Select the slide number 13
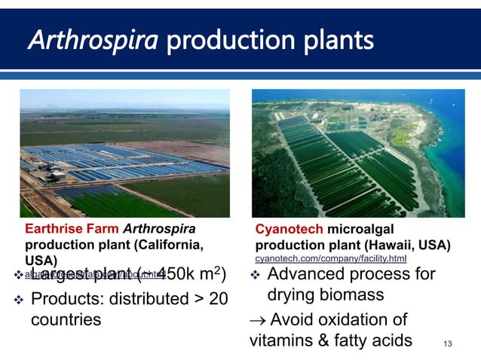(x=449, y=344)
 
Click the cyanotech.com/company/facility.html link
(x=331, y=259)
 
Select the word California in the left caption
(x=165, y=246)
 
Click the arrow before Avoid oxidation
(x=257, y=319)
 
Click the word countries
(x=66, y=319)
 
